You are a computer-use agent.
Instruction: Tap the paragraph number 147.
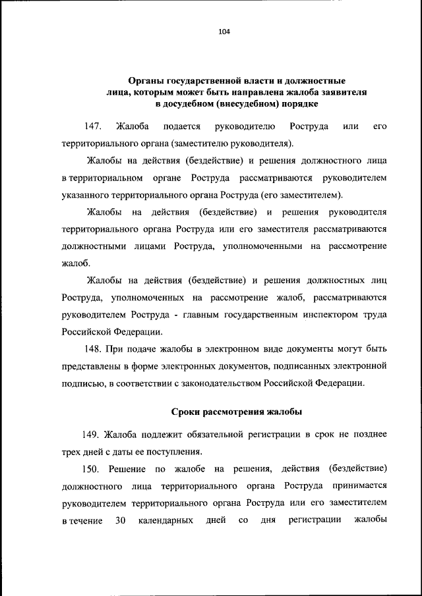click(x=94, y=125)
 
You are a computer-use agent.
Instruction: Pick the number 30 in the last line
click(x=120, y=522)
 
